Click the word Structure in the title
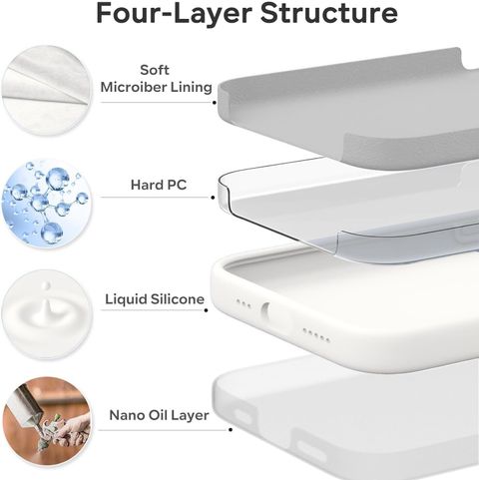[x=328, y=13]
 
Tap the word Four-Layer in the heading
[x=174, y=14]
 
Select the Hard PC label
[x=159, y=185]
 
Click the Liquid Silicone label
[x=155, y=299]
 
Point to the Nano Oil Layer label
[x=159, y=415]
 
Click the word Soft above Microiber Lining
[x=155, y=70]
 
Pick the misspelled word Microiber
[x=134, y=87]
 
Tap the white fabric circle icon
[x=47, y=91]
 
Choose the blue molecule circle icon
[x=47, y=203]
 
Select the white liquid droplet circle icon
[x=47, y=314]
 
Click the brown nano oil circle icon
[x=47, y=422]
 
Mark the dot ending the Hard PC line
[x=213, y=198]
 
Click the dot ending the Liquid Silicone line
[x=207, y=310]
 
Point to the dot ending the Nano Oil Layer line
[x=231, y=430]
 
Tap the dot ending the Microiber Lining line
[x=215, y=103]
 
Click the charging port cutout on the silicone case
[x=264, y=309]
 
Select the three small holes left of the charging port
[x=243, y=303]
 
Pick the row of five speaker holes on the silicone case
[x=316, y=335]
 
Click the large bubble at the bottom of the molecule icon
[x=52, y=233]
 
